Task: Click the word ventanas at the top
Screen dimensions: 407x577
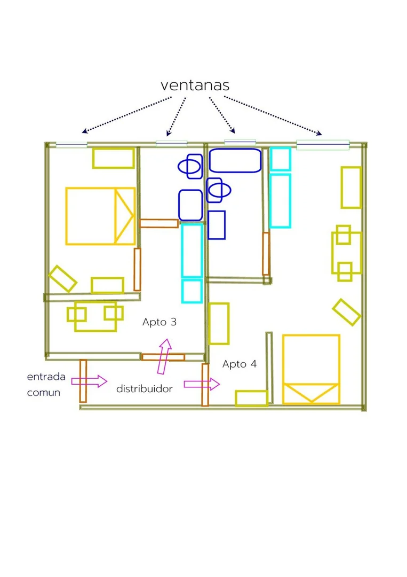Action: click(x=195, y=85)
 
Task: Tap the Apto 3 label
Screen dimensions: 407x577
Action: click(x=159, y=322)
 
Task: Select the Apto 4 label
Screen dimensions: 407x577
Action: click(x=240, y=364)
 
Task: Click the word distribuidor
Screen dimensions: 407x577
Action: click(x=145, y=388)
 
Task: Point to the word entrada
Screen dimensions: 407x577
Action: click(x=46, y=377)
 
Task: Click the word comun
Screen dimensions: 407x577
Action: click(x=43, y=393)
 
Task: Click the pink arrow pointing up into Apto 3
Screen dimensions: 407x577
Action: click(x=165, y=356)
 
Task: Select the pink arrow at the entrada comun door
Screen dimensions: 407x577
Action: click(x=89, y=381)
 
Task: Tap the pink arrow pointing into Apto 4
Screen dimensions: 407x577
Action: click(x=202, y=384)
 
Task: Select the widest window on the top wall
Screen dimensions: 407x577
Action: click(x=323, y=145)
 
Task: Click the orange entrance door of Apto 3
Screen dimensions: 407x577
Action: click(x=163, y=357)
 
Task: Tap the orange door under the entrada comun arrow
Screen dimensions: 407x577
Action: click(x=83, y=381)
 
